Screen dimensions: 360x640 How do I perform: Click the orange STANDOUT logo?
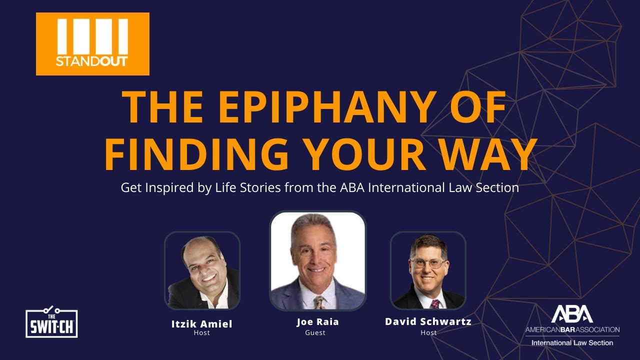92,44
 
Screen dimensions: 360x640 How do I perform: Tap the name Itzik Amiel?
202,324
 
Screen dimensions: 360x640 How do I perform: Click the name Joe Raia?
317,322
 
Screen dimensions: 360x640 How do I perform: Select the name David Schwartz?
428,321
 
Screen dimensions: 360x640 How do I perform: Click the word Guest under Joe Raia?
315,332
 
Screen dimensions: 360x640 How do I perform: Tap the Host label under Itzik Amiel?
201,333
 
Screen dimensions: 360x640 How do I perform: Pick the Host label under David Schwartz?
428,332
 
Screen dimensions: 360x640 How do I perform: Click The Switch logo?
51,322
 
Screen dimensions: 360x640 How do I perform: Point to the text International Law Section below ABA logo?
572,343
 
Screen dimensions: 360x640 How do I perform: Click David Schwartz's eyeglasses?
427,263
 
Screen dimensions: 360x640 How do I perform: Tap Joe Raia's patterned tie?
318,302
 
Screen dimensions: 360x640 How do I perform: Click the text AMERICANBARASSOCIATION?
572,330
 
